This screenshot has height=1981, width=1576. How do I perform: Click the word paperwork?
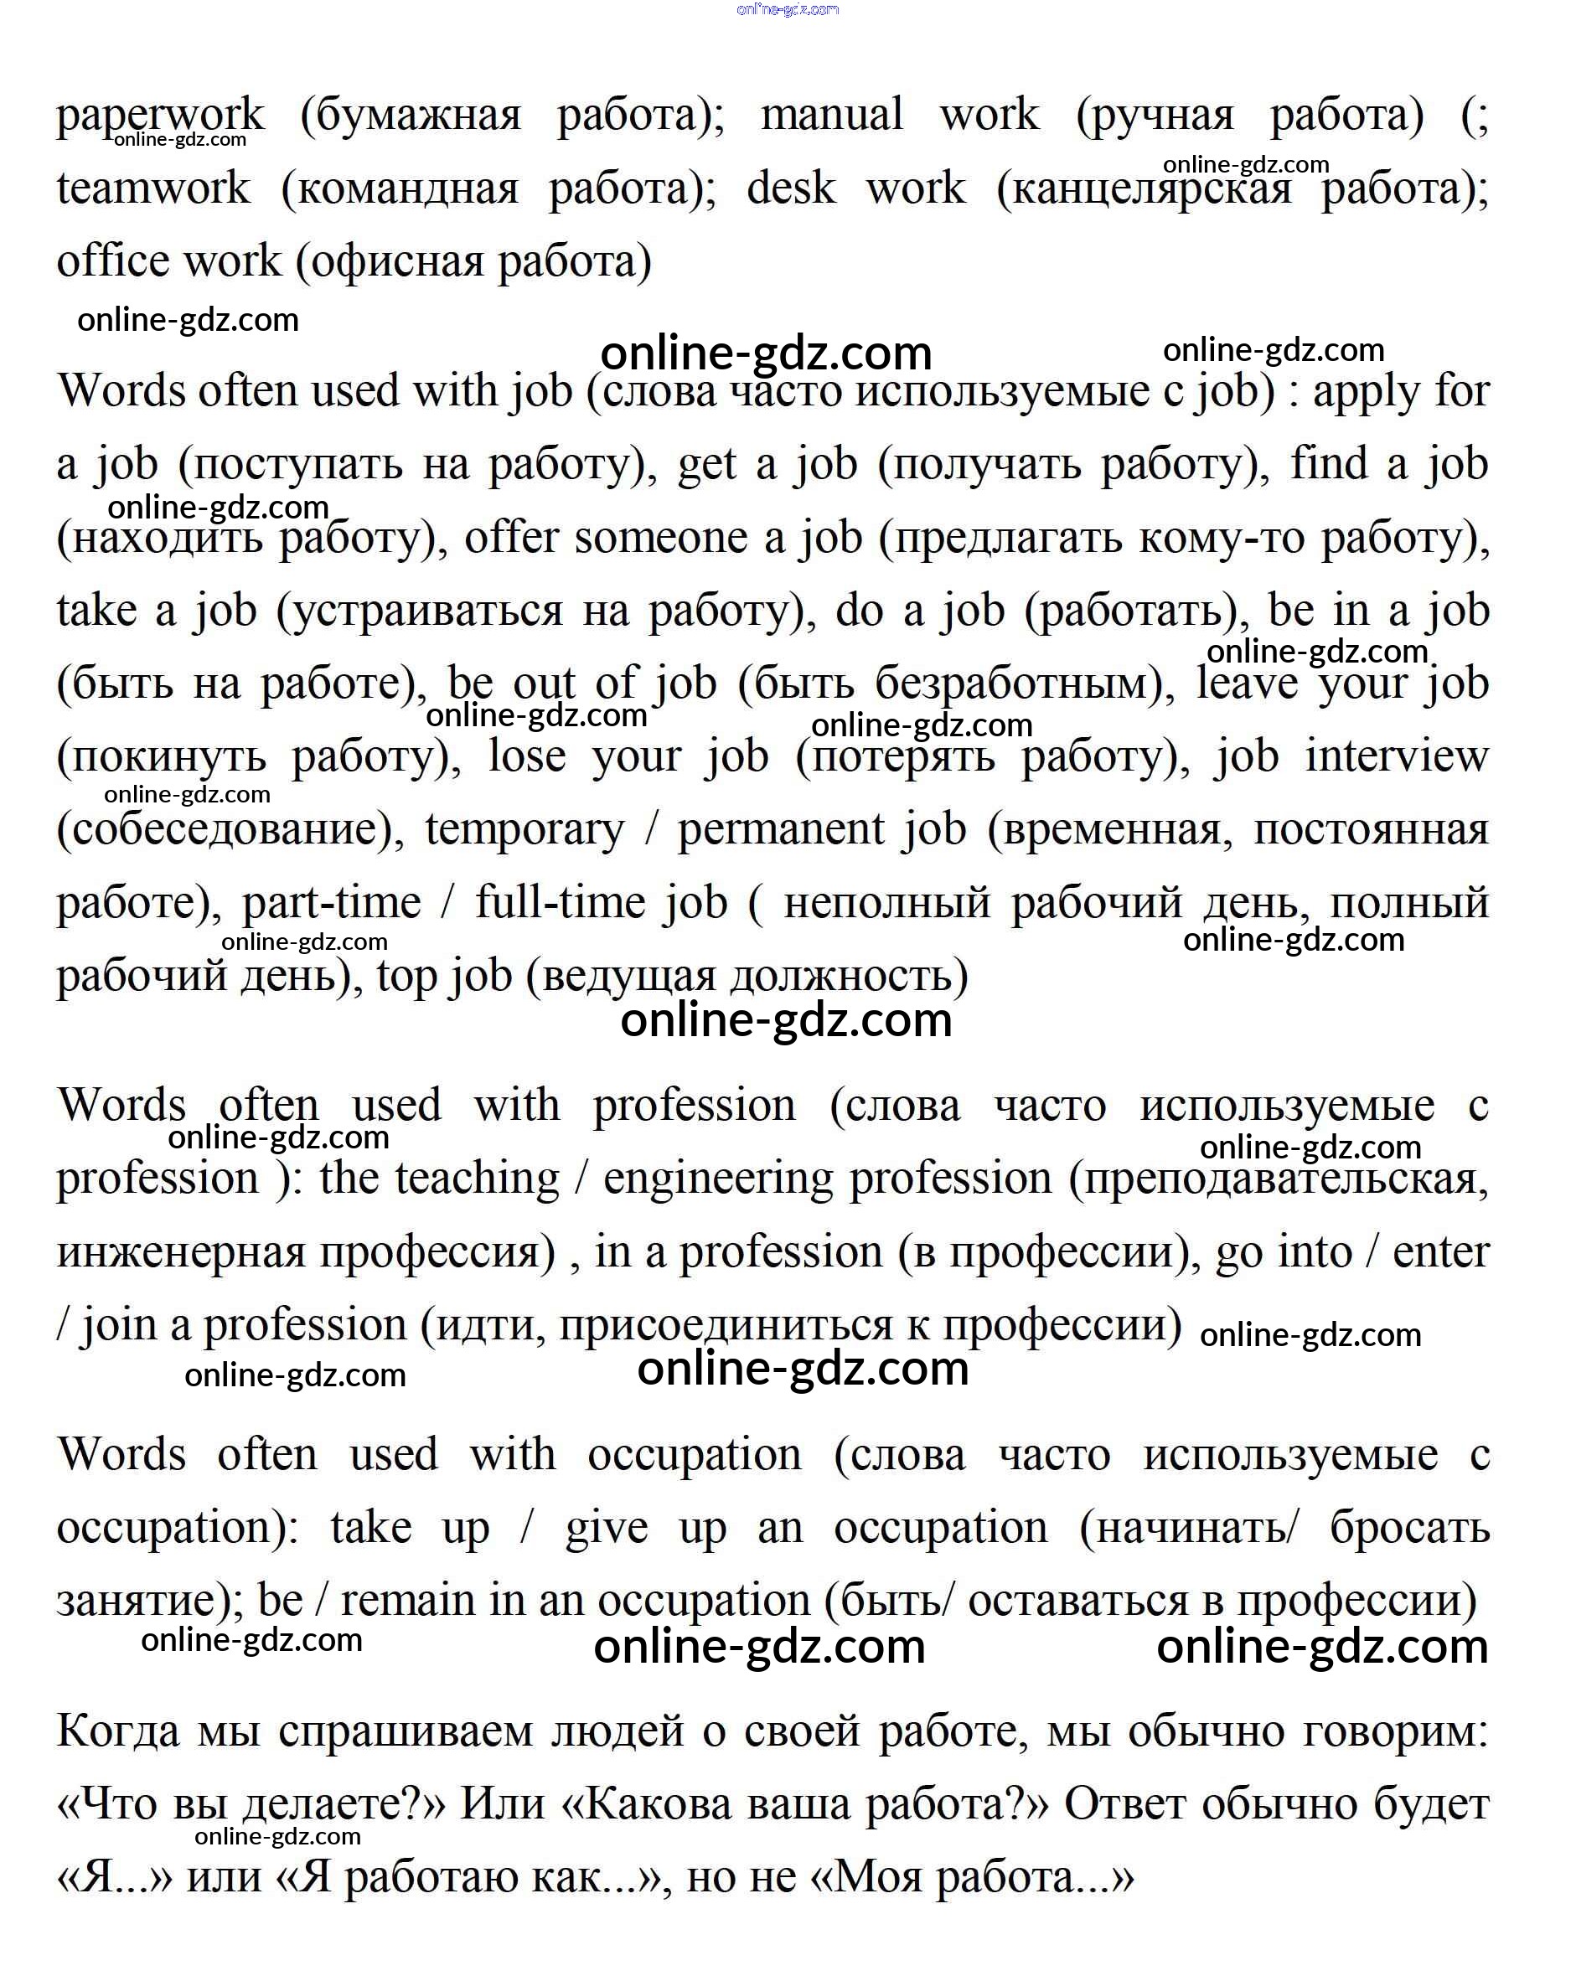tap(160, 116)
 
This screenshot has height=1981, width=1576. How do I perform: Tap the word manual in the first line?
tap(831, 115)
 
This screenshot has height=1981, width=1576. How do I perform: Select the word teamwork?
tap(152, 188)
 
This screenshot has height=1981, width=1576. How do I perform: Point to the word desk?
tap(790, 188)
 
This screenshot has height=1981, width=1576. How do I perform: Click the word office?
tap(106, 261)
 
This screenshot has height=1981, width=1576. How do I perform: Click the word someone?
tap(661, 538)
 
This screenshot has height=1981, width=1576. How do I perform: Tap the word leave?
tap(1247, 683)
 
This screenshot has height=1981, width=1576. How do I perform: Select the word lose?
tap(526, 756)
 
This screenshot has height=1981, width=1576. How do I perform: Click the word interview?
tap(1396, 756)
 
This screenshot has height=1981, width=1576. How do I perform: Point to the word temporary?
tap(524, 830)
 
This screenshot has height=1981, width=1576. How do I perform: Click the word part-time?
tap(331, 902)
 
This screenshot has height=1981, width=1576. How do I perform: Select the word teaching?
tap(477, 1179)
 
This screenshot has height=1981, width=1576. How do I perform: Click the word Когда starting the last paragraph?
tap(117, 1731)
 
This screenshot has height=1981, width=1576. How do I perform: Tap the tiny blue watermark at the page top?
tap(788, 10)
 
